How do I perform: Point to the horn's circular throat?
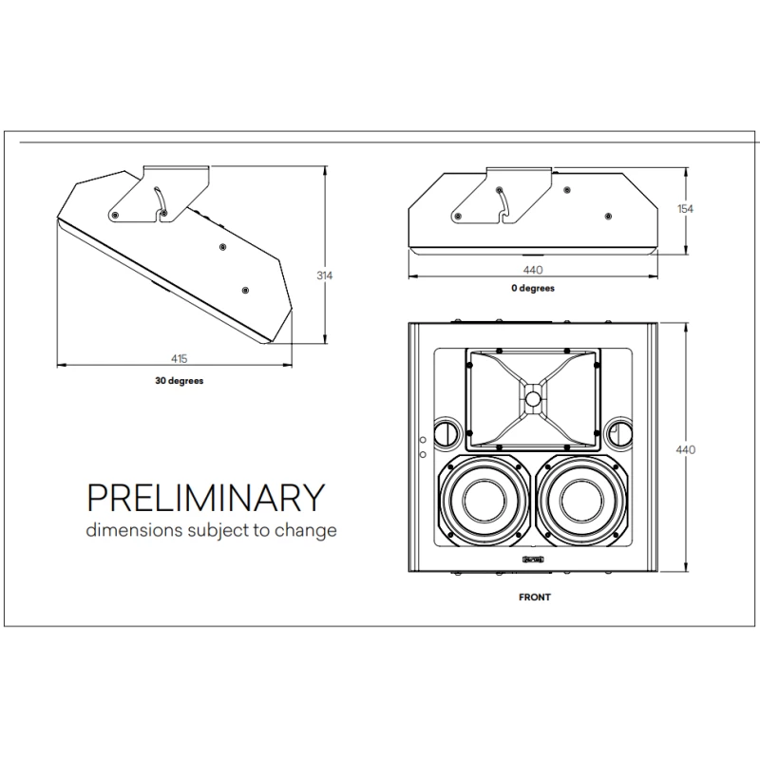pyautogui.click(x=532, y=399)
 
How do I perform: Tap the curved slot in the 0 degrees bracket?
pyautogui.click(x=503, y=202)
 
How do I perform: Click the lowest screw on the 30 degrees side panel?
pyautogui.click(x=245, y=289)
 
